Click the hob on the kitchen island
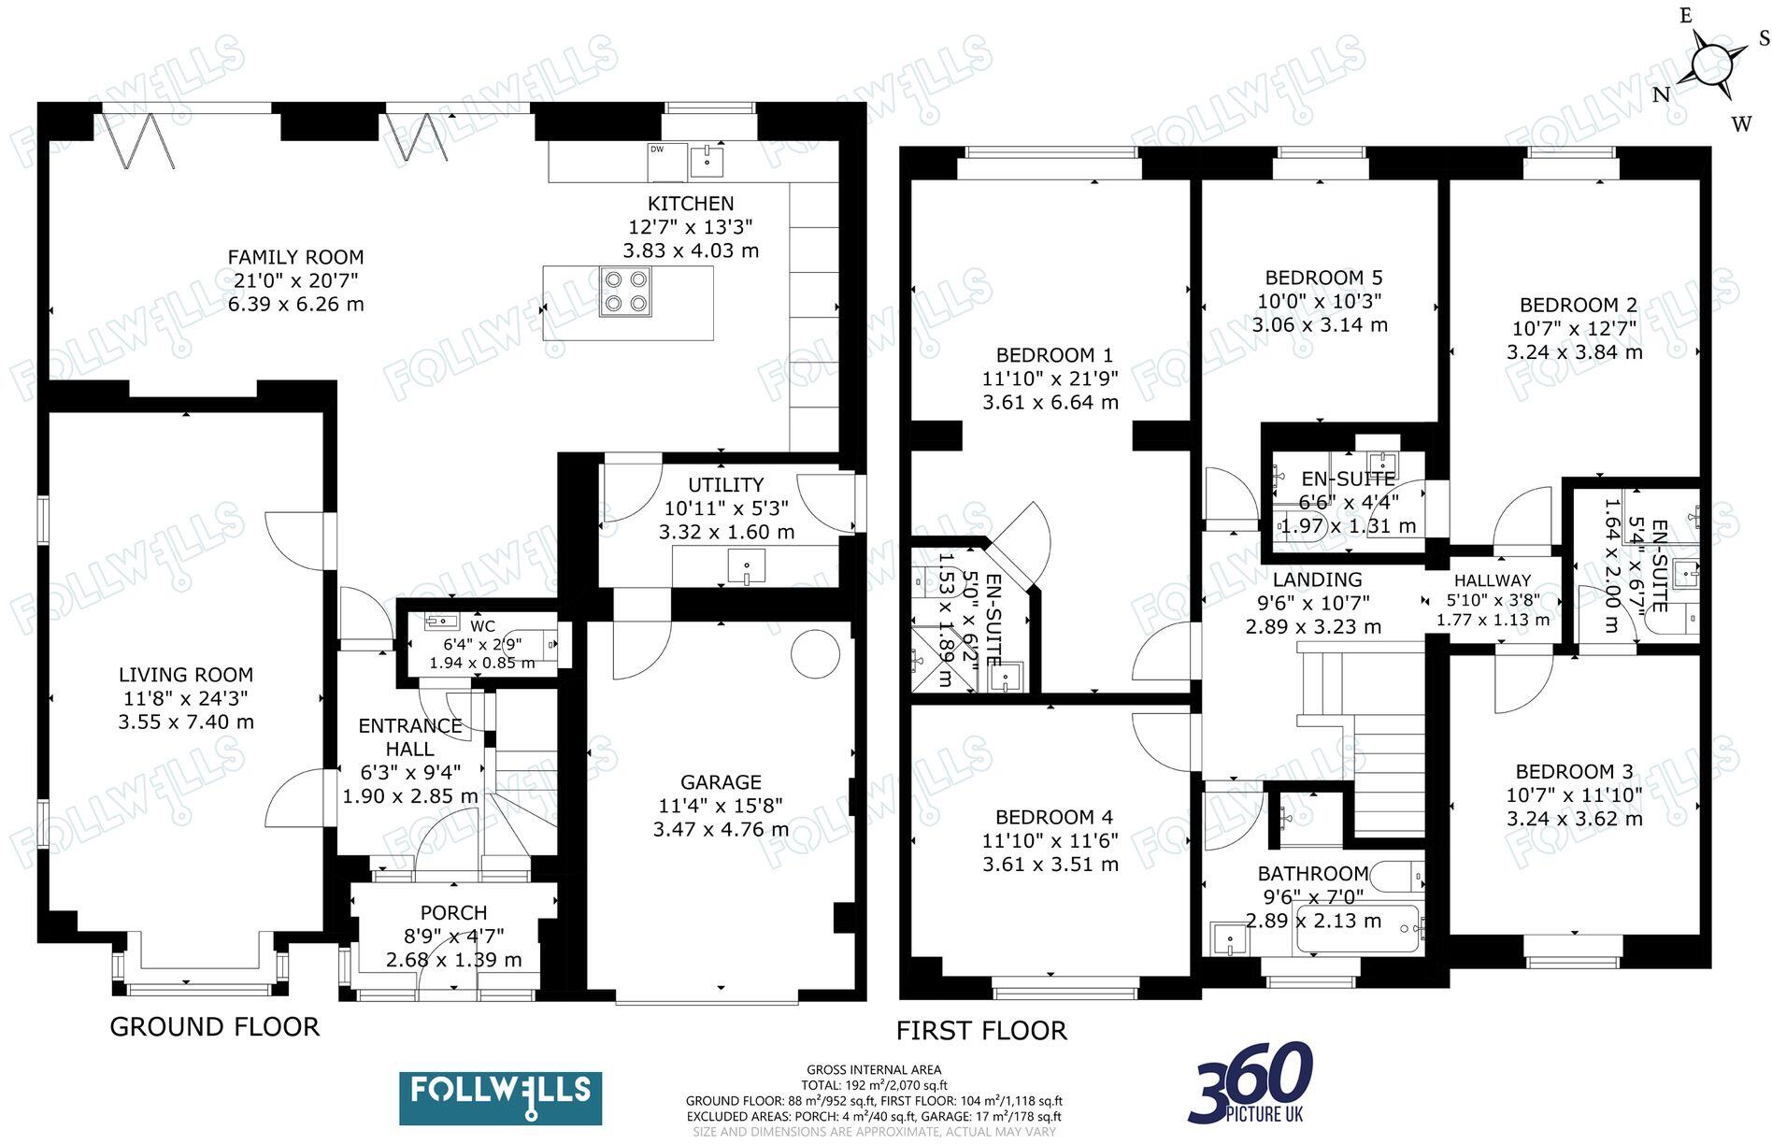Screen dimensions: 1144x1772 click(625, 290)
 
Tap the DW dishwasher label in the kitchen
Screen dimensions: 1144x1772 click(656, 150)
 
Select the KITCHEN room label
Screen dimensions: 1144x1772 click(691, 204)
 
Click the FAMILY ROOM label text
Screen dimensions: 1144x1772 click(295, 257)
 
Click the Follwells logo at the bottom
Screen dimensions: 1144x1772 click(500, 1097)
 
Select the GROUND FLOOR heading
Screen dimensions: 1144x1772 click(214, 1026)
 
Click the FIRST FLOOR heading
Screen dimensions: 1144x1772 click(980, 1030)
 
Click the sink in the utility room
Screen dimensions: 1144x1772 click(746, 566)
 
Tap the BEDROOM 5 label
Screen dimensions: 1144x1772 click(1322, 278)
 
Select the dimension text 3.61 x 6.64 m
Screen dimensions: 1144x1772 click(1050, 403)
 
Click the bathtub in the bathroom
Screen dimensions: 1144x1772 click(1357, 930)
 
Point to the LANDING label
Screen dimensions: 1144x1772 click(1317, 579)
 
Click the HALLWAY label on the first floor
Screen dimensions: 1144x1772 click(1492, 580)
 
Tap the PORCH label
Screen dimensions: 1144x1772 click(453, 912)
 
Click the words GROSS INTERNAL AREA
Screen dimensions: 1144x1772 click(874, 1069)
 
